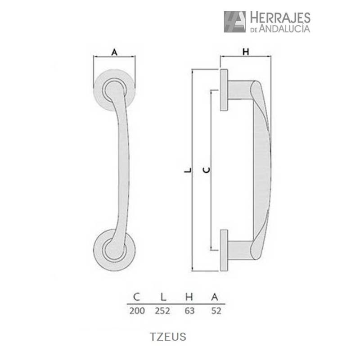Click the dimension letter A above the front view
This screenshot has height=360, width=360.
pos(114,52)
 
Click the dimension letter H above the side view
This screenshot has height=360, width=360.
pos(245,52)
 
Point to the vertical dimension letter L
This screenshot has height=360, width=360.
pos(187,170)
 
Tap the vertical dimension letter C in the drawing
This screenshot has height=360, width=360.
pos(206,170)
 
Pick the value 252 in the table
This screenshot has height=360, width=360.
pos(164,311)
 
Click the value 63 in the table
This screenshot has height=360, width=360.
pos(189,311)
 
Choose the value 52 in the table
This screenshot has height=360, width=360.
pos(216,311)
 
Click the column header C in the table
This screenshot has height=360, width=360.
pos(136,297)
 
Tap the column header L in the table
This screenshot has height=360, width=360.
pos(164,297)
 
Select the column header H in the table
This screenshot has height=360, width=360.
pos(189,297)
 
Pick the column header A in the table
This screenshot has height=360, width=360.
pos(216,297)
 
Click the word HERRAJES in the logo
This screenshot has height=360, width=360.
pos(280,18)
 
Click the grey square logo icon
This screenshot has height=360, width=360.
pos(234,22)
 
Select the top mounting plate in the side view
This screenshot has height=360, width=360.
pos(224,90)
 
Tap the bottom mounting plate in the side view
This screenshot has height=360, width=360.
pos(224,250)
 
